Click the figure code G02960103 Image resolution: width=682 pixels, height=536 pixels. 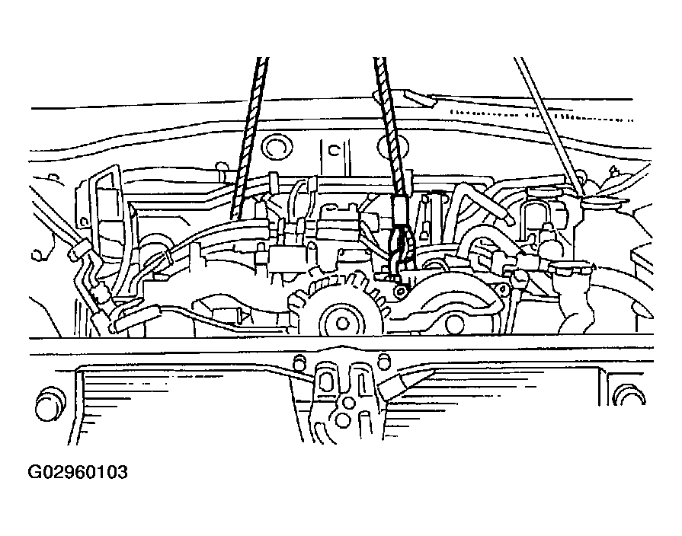[x=78, y=471]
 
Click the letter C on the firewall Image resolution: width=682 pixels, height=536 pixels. [x=334, y=151]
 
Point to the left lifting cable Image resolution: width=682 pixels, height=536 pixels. [x=251, y=137]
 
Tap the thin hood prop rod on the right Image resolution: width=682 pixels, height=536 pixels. [x=548, y=126]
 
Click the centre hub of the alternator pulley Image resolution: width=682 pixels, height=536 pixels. [x=342, y=323]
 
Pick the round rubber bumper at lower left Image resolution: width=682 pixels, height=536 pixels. [x=50, y=404]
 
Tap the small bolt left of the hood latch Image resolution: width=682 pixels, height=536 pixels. [x=299, y=360]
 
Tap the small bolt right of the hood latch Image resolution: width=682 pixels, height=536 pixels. [x=383, y=359]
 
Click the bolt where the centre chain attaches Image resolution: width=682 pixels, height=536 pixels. [x=399, y=292]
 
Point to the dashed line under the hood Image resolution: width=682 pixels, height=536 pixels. [x=542, y=116]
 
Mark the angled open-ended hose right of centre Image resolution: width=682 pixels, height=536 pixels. [x=483, y=203]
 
